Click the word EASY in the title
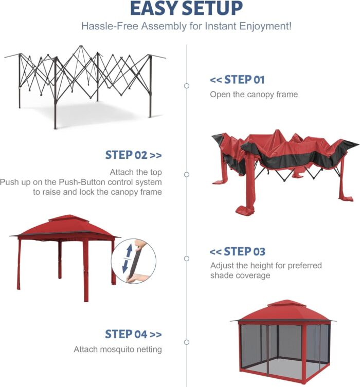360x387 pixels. pyautogui.click(x=154, y=9)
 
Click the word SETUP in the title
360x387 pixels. pyautogui.click(x=211, y=9)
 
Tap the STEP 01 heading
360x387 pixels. pyautogui.click(x=237, y=80)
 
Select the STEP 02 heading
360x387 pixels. pyautogui.click(x=133, y=155)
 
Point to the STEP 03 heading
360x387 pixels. pyautogui.click(x=238, y=251)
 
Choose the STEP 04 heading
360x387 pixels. pyautogui.click(x=133, y=334)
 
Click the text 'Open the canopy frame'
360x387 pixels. pyautogui.click(x=254, y=95)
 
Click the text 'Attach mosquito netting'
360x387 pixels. pyautogui.click(x=118, y=349)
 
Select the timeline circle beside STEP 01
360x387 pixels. pyautogui.click(x=187, y=86)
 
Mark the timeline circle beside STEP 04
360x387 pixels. pyautogui.click(x=187, y=342)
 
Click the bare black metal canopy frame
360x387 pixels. pyautogui.click(x=85, y=82)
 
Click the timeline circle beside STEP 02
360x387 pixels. pyautogui.click(x=187, y=175)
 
